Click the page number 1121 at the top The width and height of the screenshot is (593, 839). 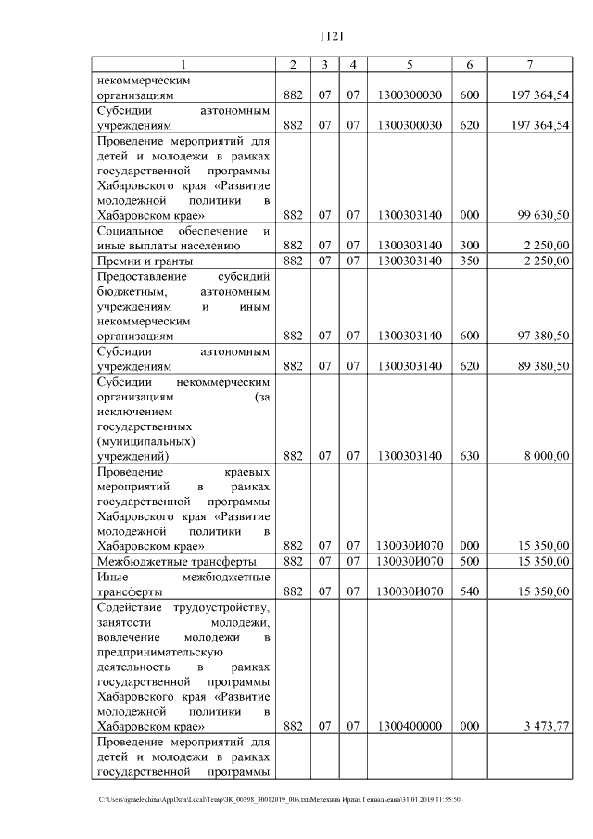coord(331,36)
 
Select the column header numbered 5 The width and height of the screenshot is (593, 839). coord(409,64)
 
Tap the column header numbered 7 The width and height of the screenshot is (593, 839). coord(528,64)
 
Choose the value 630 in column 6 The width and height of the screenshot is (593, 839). coord(470,455)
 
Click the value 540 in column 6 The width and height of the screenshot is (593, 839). coord(470,591)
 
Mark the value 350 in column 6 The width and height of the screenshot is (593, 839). coord(470,261)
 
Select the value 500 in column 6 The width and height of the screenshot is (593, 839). coord(470,561)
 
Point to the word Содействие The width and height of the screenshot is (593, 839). coord(128,606)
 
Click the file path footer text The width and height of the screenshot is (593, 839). coord(279,798)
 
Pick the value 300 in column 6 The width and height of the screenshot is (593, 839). coord(470,245)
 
